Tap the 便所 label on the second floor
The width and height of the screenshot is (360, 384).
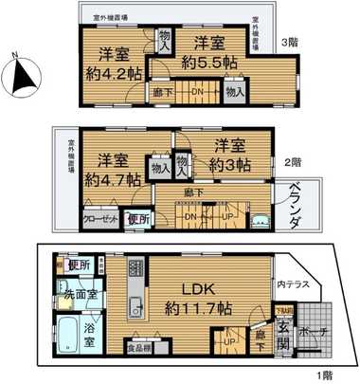click(138, 218)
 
